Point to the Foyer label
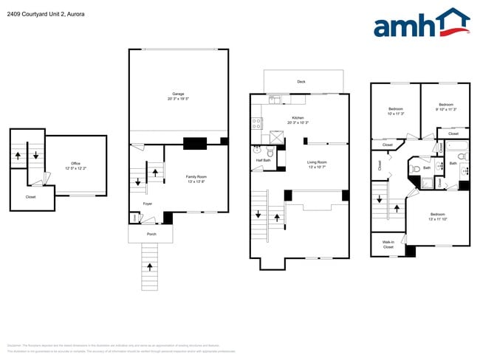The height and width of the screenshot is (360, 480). point(148,204)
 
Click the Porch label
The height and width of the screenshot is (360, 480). point(151,234)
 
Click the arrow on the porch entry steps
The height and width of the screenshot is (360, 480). point(151,266)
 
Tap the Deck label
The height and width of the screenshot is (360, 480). point(301,82)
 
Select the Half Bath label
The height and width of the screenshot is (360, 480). point(264,160)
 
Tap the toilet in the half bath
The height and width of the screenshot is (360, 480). point(271,153)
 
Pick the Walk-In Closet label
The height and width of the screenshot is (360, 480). point(388,244)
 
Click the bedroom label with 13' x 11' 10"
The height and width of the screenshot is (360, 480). point(439,217)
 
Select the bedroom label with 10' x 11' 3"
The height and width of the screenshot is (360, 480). point(395,111)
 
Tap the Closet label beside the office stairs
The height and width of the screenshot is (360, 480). point(30,197)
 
